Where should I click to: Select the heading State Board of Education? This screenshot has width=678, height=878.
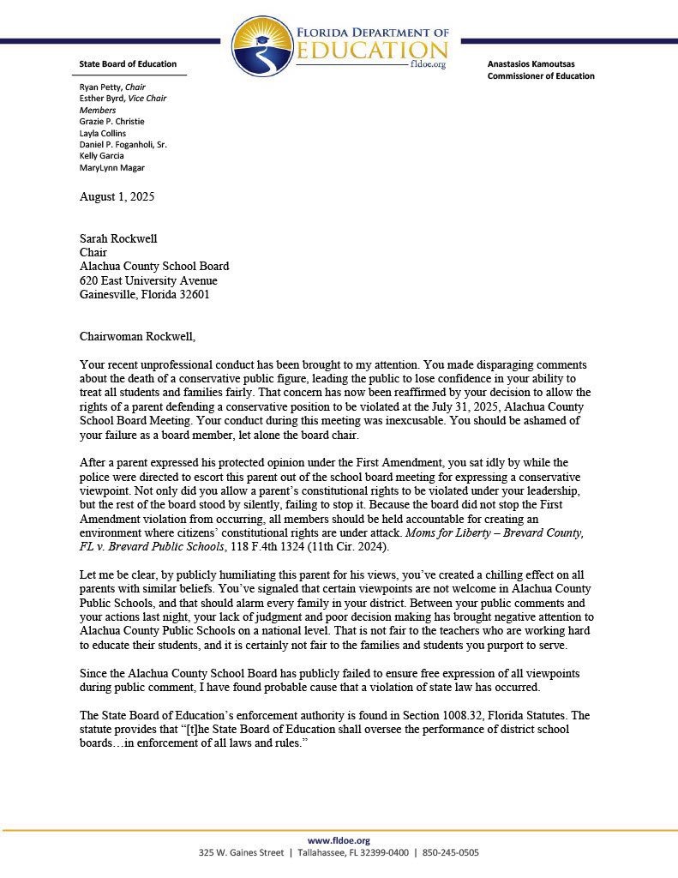[x=128, y=63]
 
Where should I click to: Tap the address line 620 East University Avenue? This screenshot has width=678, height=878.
[x=147, y=280]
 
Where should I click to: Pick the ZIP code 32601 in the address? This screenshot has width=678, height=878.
[x=192, y=295]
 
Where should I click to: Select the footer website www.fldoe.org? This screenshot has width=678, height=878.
[x=339, y=840]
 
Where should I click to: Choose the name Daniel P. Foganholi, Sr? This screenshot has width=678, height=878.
[x=123, y=145]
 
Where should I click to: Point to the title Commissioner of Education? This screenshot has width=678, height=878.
[x=540, y=75]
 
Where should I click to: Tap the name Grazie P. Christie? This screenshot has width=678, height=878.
[x=114, y=122]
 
